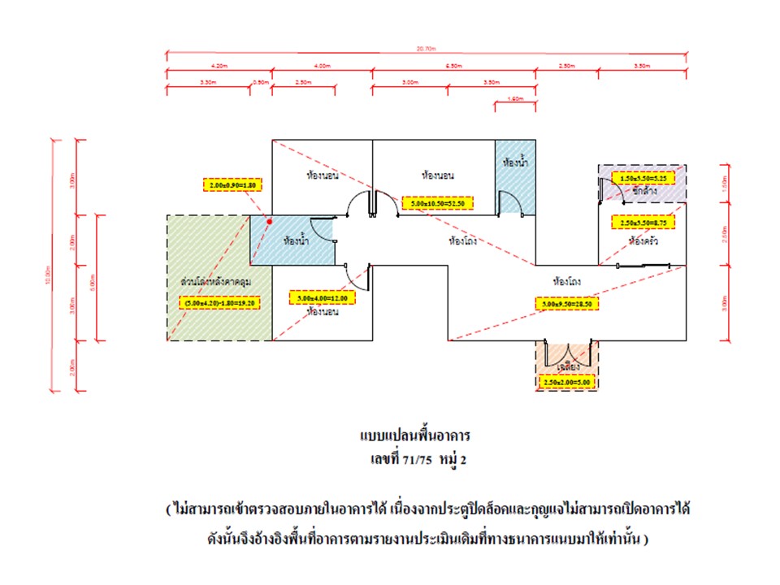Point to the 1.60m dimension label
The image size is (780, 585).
pos(513,98)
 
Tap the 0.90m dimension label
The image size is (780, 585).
pos(260,82)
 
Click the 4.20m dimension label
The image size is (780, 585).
pos(218,65)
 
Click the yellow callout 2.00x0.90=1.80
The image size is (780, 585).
pos(232,185)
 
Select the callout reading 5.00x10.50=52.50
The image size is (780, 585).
pos(437,202)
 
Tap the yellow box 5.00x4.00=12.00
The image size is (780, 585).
pos(323,298)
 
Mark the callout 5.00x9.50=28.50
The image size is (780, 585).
pos(570,304)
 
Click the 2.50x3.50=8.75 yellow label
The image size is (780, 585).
pos(643,220)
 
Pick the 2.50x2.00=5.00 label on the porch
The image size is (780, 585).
pos(566,382)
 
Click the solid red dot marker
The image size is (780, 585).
pos(269,220)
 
